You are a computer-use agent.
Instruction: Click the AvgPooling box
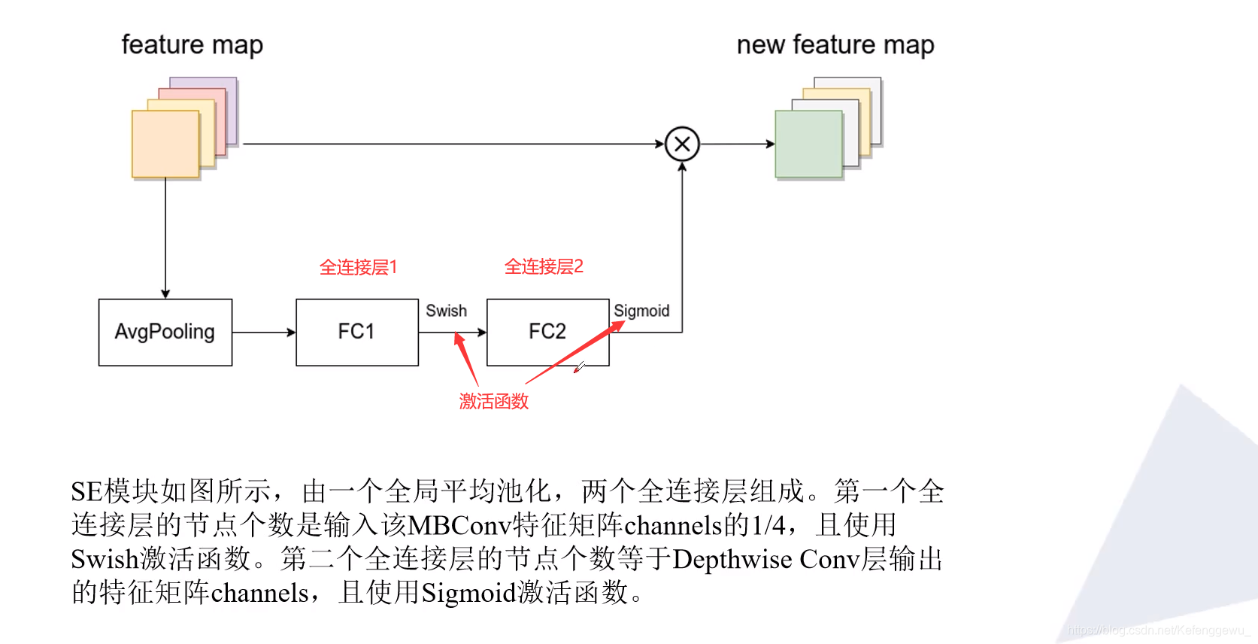pos(165,332)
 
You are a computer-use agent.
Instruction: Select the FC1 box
pos(356,332)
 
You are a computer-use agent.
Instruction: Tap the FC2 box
pos(547,332)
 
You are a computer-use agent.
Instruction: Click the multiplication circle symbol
pos(682,144)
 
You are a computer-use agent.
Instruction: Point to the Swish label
pos(446,311)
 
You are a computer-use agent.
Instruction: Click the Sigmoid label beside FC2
pos(641,311)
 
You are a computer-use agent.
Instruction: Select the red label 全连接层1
pos(358,267)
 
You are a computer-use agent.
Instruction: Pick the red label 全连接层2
pos(544,266)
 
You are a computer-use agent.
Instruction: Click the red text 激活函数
pos(494,401)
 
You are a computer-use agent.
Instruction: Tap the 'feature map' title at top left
pos(192,45)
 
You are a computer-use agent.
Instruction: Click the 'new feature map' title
pos(835,45)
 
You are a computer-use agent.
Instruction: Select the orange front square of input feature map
pos(165,144)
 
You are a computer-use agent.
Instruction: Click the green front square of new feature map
pos(808,144)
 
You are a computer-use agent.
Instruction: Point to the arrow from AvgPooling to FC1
pos(264,332)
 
